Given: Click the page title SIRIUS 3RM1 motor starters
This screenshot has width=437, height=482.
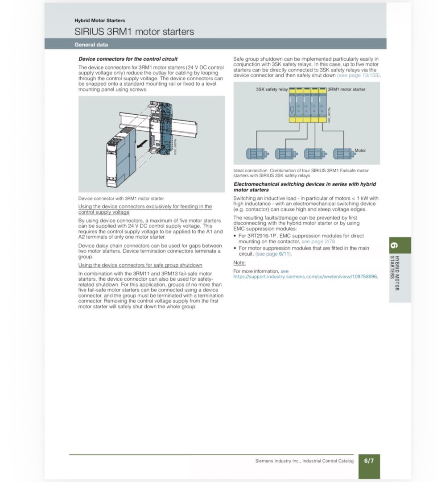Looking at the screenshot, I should click(x=134, y=32).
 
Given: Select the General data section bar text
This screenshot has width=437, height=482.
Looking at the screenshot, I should click(x=91, y=45).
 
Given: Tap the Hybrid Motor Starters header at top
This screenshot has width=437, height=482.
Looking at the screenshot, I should click(x=99, y=21).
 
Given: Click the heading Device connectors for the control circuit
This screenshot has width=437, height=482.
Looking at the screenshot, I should click(x=128, y=59).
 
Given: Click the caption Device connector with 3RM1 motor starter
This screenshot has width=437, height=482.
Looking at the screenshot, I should click(x=121, y=199).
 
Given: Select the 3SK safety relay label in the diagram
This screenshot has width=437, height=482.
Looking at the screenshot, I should click(x=272, y=89).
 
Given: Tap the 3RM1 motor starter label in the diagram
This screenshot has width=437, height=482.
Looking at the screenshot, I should click(x=347, y=89).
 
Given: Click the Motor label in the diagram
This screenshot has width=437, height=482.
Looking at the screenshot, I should click(x=360, y=150).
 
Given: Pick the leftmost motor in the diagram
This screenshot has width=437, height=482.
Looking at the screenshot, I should click(x=257, y=154).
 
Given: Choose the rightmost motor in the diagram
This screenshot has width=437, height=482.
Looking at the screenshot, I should click(x=344, y=154).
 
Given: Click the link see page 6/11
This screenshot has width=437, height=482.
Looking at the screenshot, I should click(x=273, y=254).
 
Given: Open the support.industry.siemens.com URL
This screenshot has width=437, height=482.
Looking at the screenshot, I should click(x=305, y=277).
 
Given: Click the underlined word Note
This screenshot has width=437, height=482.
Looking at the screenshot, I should click(x=239, y=263).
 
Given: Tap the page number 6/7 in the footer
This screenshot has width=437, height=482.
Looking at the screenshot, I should click(x=369, y=461).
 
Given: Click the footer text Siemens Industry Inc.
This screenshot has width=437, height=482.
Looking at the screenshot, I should click(x=278, y=461).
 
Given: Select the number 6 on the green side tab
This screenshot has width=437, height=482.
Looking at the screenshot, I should click(x=394, y=245).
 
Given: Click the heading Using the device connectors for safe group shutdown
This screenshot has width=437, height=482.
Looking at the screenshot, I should click(x=140, y=265).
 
